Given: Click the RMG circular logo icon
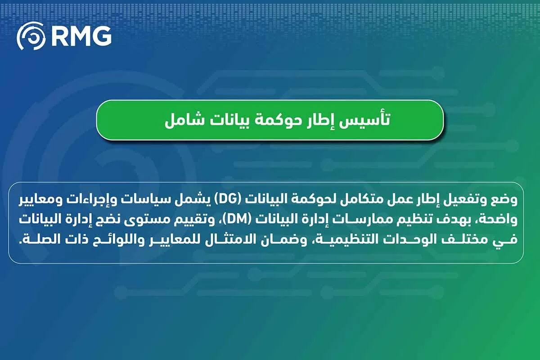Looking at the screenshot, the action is (x=31, y=36).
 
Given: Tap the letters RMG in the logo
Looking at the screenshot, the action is (x=82, y=36).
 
